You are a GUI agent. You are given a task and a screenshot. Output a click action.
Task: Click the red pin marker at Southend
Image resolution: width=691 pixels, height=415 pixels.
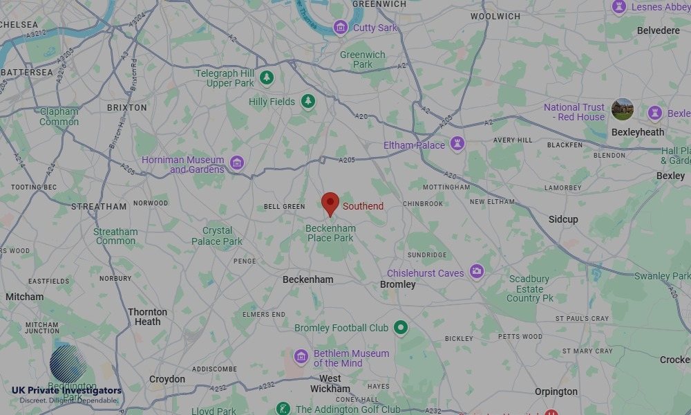330,203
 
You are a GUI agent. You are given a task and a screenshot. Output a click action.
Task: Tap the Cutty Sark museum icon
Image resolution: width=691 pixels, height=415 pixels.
340,28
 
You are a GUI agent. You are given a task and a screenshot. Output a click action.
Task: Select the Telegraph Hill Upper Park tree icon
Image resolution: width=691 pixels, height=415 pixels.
267,78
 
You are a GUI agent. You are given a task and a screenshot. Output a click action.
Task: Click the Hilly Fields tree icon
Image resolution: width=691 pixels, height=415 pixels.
307,102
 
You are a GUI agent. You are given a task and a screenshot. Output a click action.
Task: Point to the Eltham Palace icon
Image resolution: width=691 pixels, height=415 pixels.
457,145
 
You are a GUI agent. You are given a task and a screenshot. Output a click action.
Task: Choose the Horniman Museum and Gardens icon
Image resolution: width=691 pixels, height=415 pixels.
237,163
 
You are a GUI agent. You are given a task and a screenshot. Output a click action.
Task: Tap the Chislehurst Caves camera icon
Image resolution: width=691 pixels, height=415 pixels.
476,272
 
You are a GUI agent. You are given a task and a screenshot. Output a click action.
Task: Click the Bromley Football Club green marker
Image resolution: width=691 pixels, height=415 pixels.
401,327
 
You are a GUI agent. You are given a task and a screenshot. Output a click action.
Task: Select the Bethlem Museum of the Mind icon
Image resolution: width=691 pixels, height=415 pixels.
301,357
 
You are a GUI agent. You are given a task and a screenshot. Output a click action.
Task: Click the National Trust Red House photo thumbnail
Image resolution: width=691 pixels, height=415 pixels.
623,109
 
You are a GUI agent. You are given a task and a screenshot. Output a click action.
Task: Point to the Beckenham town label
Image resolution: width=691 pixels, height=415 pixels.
307,280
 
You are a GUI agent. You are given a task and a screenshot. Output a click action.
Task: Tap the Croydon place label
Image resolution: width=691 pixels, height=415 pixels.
167,379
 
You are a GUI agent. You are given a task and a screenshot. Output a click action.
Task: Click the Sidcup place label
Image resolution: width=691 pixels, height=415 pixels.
563,219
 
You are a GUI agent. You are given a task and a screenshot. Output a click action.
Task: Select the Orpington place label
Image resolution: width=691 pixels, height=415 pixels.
556,391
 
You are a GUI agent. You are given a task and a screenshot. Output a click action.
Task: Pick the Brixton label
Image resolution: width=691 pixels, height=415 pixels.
127,108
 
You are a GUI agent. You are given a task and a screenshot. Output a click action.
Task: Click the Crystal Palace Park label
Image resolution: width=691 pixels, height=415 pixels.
217,236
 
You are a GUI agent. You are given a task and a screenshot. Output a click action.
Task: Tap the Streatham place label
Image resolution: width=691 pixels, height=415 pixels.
99,206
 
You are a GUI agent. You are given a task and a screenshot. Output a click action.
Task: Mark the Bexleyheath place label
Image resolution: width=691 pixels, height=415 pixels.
638,132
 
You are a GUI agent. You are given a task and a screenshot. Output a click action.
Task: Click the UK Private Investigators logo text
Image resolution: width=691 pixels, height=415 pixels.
66,391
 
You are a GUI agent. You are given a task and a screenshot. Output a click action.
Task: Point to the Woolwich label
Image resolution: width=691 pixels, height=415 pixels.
495,17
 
